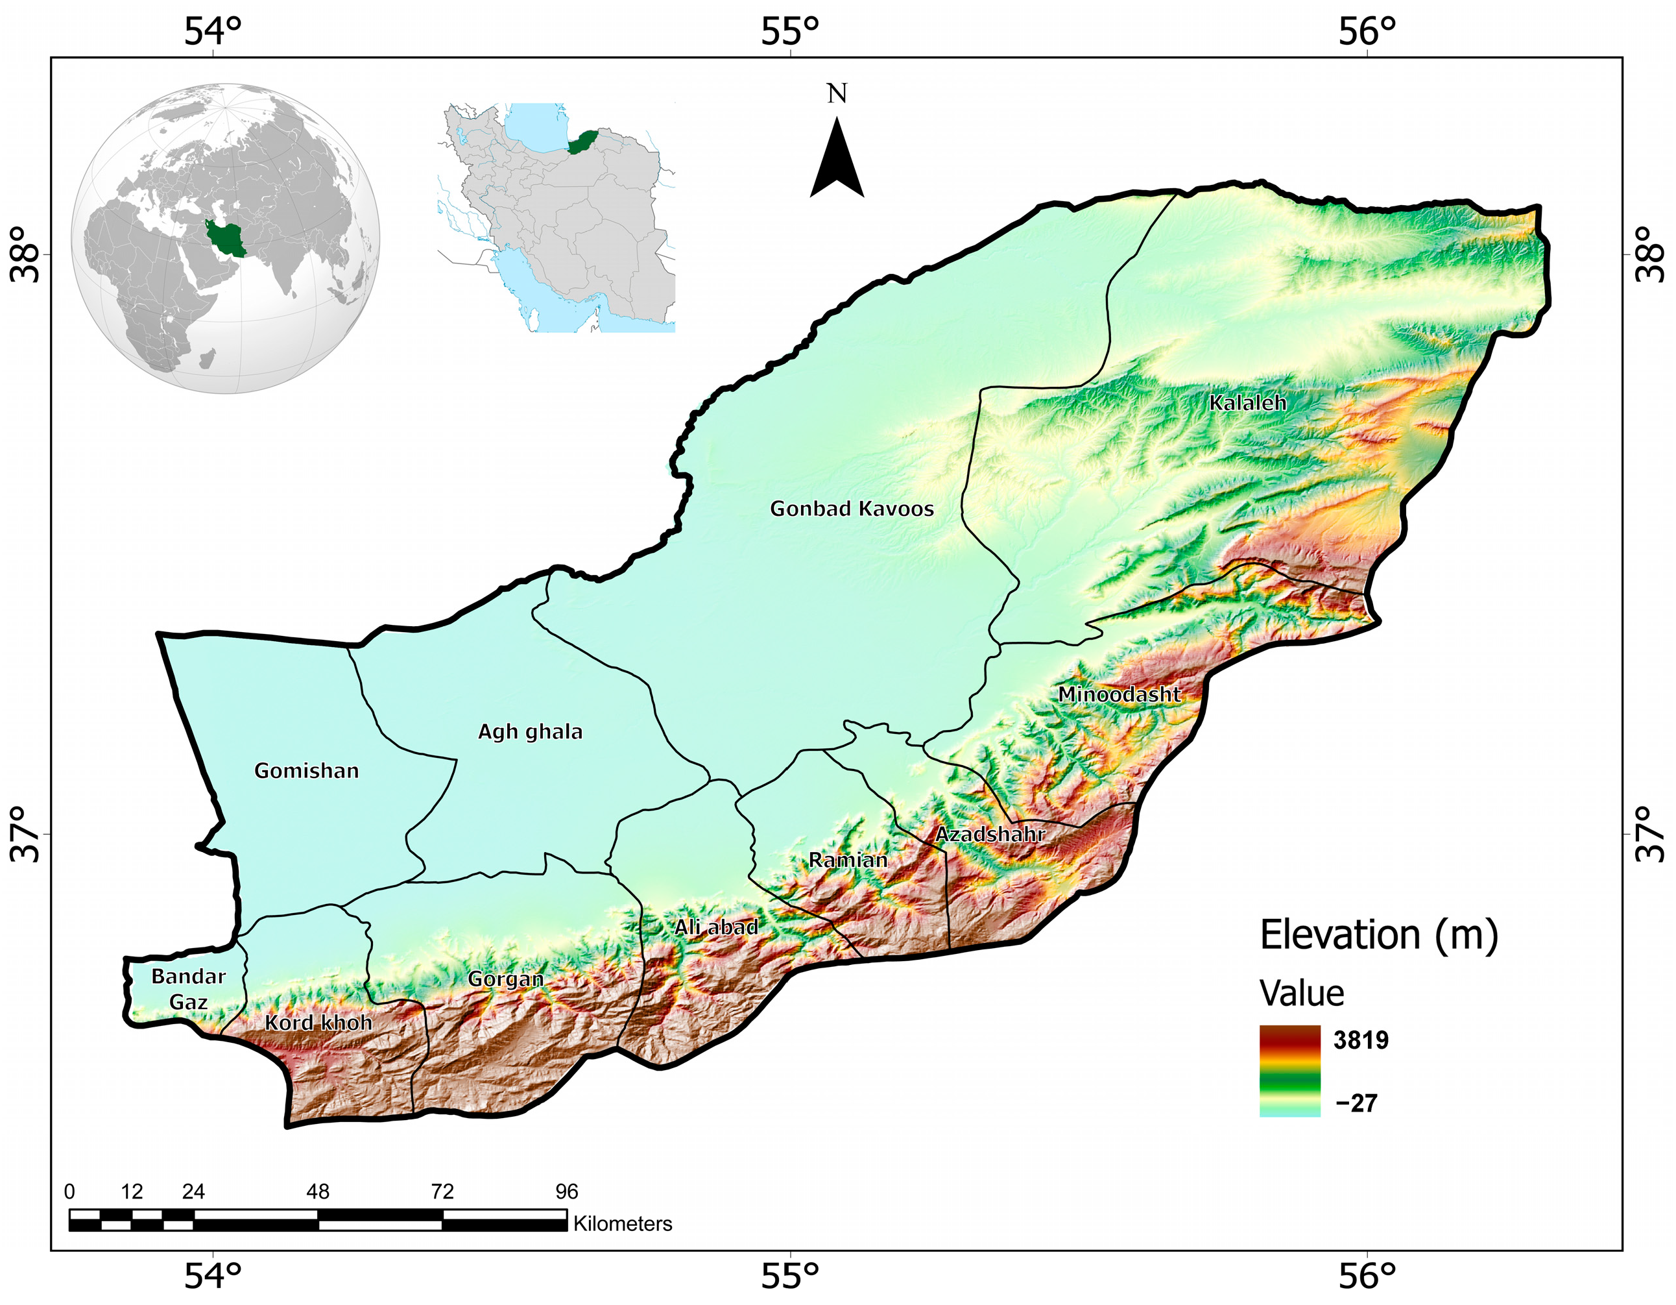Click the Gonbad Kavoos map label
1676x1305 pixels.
tap(852, 509)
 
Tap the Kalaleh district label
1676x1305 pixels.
tap(1248, 402)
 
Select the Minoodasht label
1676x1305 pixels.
tap(1119, 695)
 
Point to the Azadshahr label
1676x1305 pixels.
tap(990, 835)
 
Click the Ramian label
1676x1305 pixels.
tap(848, 860)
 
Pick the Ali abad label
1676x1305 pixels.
tap(716, 927)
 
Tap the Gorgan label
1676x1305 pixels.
tap(506, 979)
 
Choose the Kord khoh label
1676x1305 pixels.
tap(318, 1023)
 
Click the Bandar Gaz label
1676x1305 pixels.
tap(188, 990)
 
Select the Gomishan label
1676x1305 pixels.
tap(307, 771)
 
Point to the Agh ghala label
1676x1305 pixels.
tap(531, 731)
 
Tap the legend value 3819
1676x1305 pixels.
tap(1361, 1040)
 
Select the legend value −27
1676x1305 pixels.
tap(1356, 1103)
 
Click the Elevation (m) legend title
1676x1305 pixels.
tap(1378, 936)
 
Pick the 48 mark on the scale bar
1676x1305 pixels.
tap(318, 1191)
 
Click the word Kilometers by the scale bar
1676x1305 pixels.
tap(623, 1224)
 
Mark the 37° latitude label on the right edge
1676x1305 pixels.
tap(1649, 835)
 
